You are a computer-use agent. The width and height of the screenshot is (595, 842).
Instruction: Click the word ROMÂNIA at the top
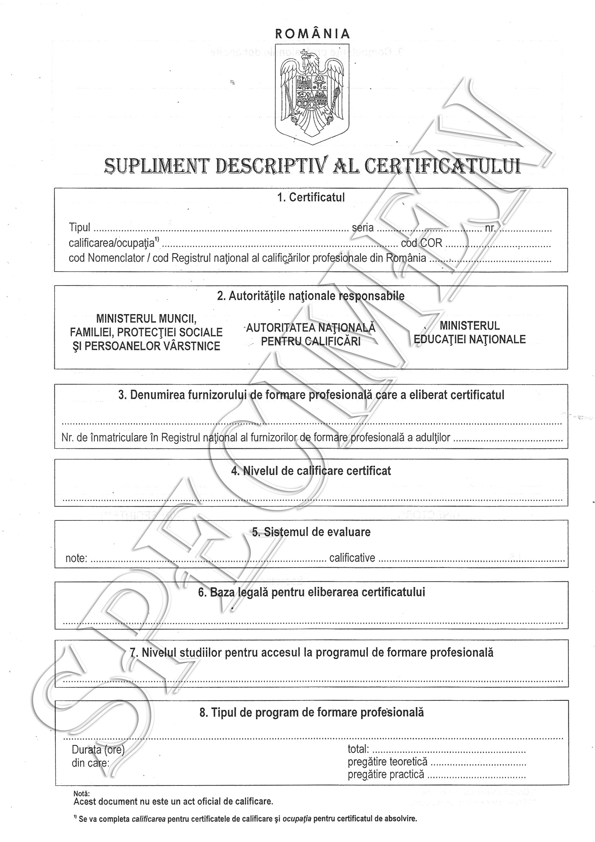pos(312,34)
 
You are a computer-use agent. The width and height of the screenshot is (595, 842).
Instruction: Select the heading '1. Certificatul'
pos(311,197)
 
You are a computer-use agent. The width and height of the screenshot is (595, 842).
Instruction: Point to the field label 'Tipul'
pos(80,227)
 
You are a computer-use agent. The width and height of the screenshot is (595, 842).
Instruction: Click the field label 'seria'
pos(362,228)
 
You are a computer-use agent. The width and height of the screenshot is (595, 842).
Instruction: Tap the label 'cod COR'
pos(422,243)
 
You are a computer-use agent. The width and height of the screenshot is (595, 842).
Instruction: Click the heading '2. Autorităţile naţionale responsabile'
pos(311,296)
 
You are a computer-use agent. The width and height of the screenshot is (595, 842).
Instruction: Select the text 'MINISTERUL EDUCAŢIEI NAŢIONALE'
pos(470,333)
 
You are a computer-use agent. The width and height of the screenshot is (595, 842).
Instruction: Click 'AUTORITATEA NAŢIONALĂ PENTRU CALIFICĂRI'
pos(311,335)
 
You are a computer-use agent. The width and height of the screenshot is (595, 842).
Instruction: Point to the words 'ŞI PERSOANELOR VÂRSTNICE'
pos(146,346)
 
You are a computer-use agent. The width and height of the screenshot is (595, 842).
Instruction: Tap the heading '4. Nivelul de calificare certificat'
pos(311,471)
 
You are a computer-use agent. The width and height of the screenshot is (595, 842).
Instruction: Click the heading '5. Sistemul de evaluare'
pos(311,532)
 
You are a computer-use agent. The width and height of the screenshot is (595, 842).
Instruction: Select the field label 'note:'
pos(76,558)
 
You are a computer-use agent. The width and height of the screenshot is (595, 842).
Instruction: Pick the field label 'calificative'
pos(352,558)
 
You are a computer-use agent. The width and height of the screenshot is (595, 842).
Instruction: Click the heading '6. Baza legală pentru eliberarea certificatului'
pos(311,592)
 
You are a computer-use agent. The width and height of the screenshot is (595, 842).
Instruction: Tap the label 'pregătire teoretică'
pos(388,762)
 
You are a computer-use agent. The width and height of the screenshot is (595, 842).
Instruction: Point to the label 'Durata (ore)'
pos(98,749)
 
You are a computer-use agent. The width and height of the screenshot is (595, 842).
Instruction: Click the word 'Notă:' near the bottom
pos(81,794)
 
